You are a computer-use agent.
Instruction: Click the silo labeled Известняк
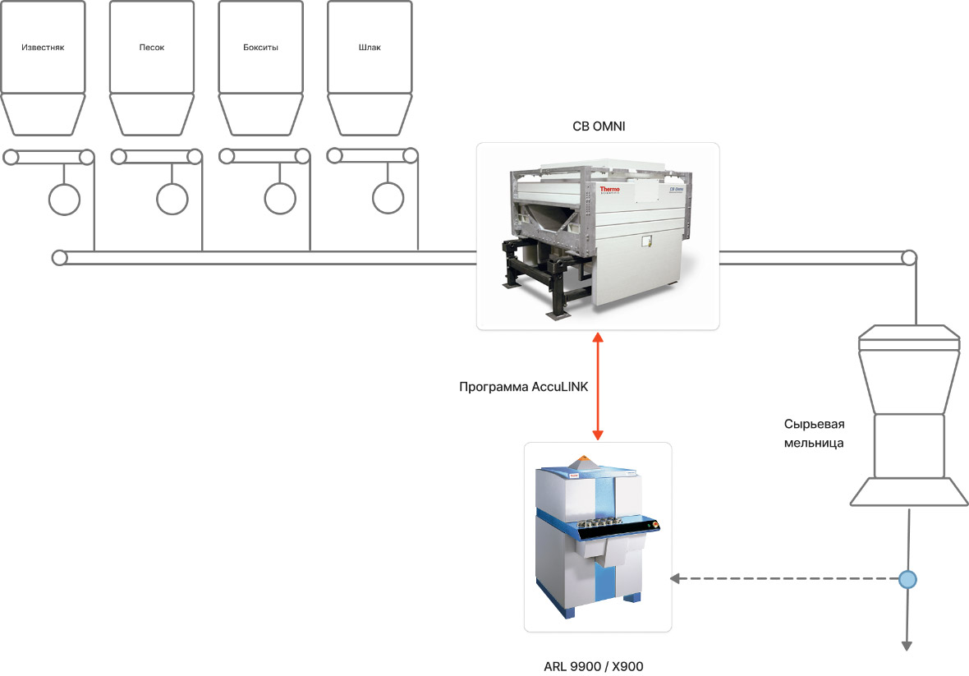pos(43,47)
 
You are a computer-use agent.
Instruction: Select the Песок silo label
pos(152,47)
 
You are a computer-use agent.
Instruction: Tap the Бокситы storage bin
pos(260,47)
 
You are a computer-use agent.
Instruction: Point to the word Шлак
pos(370,47)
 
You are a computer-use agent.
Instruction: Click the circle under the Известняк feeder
pos(64,198)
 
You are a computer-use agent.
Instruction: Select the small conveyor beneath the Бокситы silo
pos(264,156)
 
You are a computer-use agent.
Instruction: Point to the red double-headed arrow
pos(598,386)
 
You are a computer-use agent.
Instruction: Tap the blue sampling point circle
pos(907,579)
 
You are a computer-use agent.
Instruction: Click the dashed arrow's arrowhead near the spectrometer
pos(675,579)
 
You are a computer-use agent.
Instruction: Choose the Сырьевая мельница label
pos(814,433)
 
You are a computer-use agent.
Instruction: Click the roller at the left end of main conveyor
pos(59,258)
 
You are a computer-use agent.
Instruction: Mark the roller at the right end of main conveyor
pos(908,258)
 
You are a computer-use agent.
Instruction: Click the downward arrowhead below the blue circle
pos(907,645)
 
